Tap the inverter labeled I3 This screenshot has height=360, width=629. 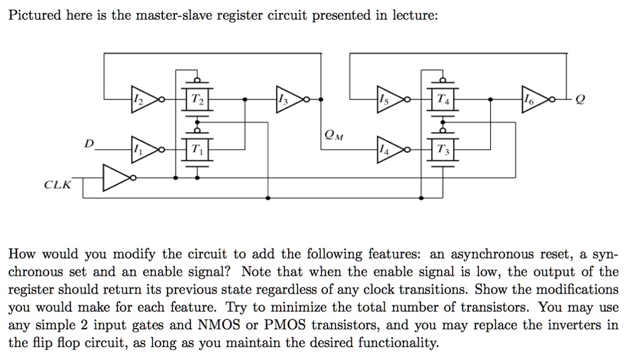(x=287, y=98)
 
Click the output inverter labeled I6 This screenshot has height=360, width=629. (x=532, y=98)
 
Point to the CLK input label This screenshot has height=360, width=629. (x=57, y=184)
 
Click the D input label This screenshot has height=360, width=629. (x=90, y=143)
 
